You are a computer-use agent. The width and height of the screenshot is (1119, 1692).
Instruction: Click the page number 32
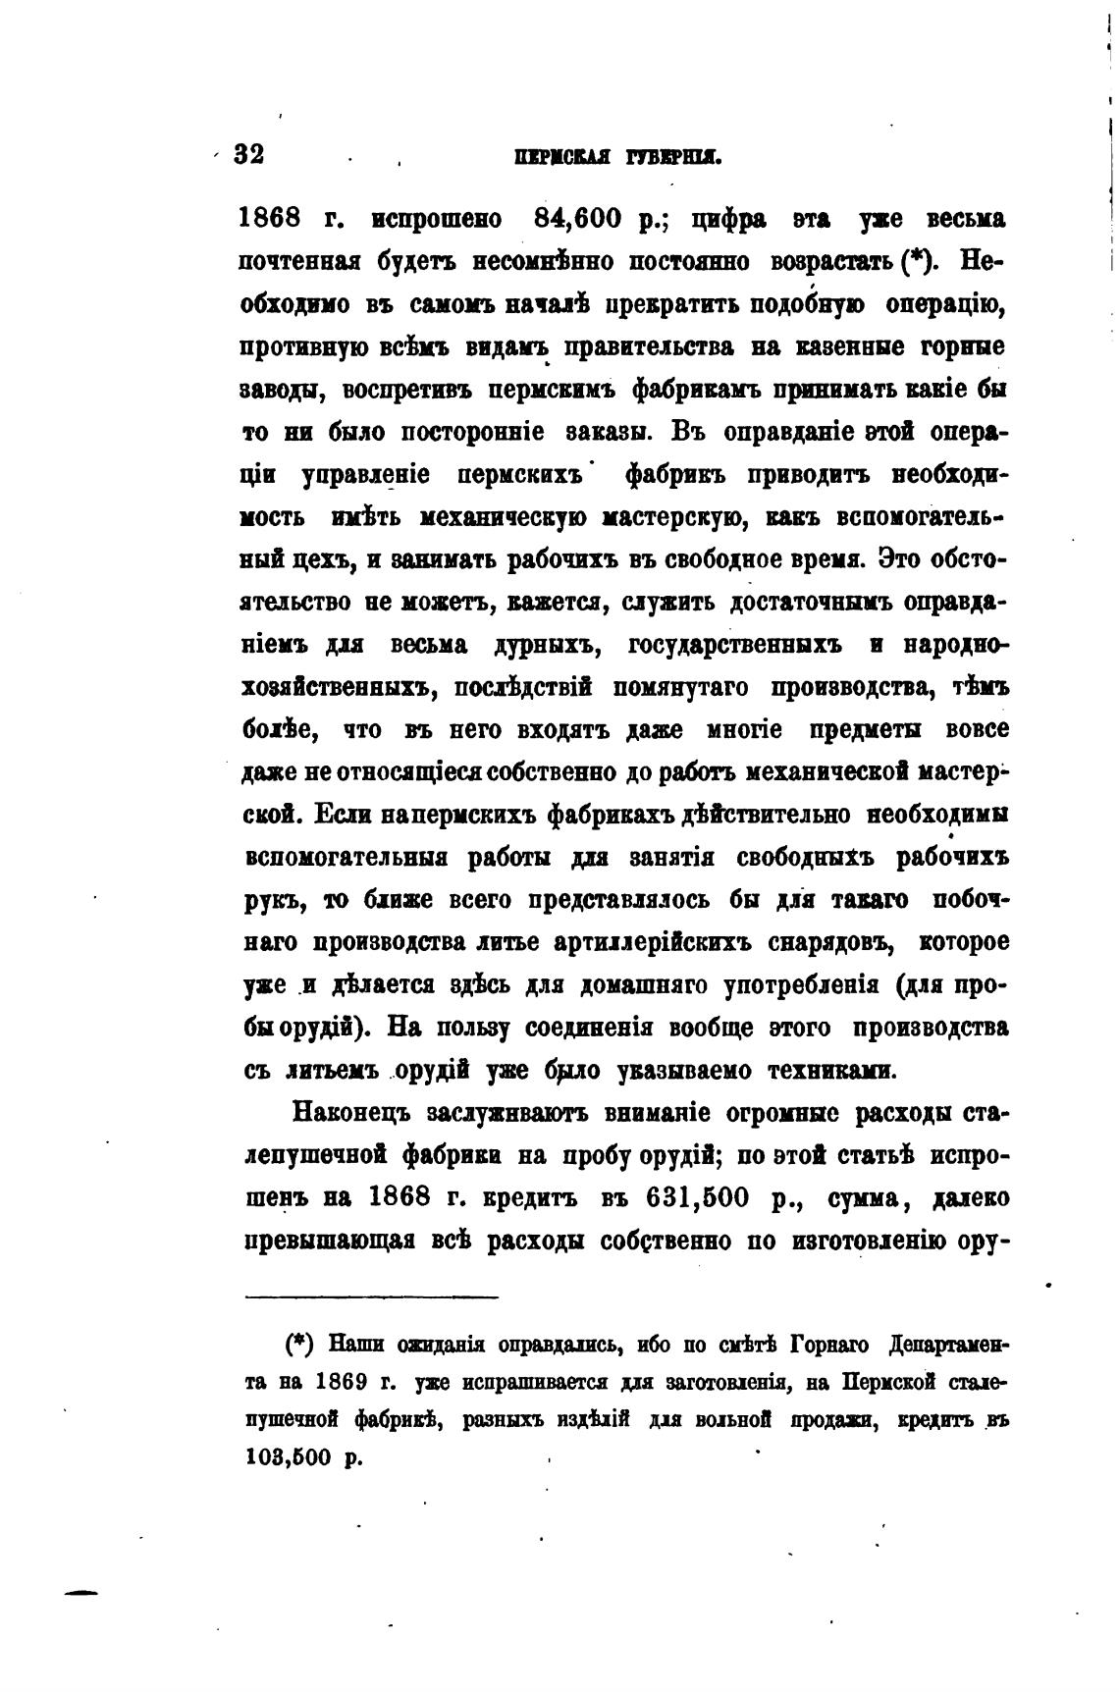point(249,155)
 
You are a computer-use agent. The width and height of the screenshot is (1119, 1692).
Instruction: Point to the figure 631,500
point(702,1198)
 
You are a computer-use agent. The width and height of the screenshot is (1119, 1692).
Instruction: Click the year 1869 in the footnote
point(343,1383)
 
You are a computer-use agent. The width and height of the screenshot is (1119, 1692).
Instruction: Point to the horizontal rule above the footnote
point(372,1297)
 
